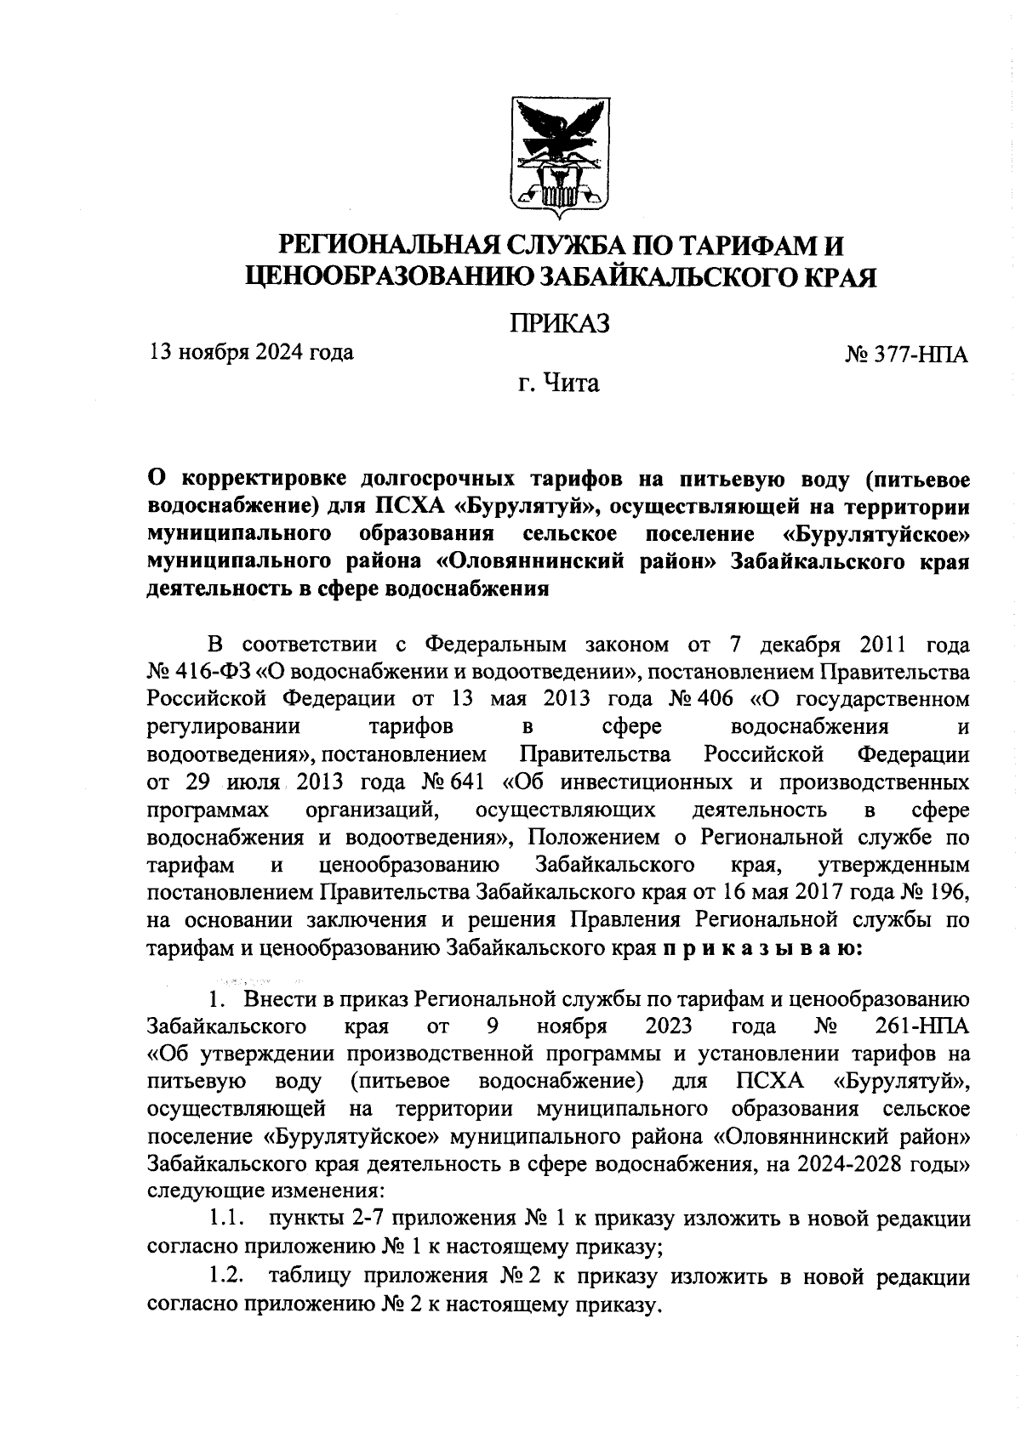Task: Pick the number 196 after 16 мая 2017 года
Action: pos(948,892)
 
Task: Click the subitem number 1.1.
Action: pos(228,1219)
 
